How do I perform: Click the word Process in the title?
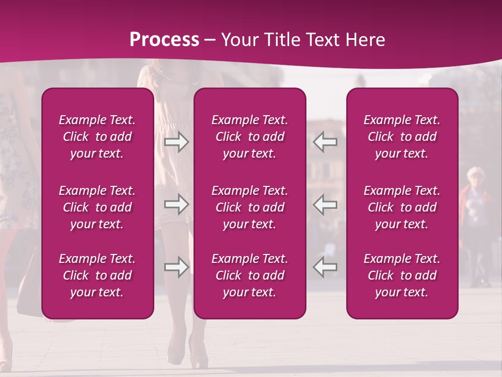tap(164, 40)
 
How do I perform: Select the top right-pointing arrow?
tap(176, 142)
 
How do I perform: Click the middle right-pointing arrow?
tap(176, 204)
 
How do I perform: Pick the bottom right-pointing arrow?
tap(176, 267)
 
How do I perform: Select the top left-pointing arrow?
tap(325, 142)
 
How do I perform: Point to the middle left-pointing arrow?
tap(325, 204)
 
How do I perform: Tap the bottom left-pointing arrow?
tap(325, 267)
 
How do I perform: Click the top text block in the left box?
tap(97, 137)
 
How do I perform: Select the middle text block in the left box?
tap(97, 207)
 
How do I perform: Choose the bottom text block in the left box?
tap(97, 275)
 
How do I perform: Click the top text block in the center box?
tap(250, 137)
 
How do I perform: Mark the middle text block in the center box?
tap(250, 207)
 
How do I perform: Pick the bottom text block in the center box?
tap(250, 275)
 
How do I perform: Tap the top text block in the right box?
tap(402, 137)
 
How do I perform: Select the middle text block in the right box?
tap(402, 207)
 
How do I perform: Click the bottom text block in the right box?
tap(402, 275)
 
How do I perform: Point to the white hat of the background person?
tap(476, 172)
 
